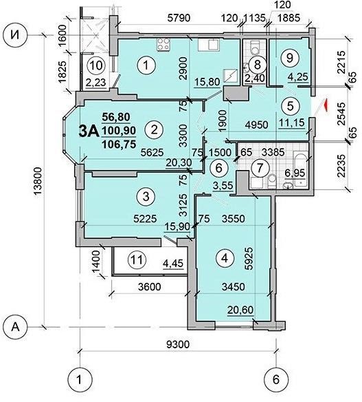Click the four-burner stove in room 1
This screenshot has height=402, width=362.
pos(165,45)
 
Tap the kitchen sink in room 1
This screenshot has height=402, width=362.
pos(206,45)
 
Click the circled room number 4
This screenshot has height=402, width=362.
pos(222,260)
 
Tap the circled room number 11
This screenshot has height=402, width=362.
pos(137,260)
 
